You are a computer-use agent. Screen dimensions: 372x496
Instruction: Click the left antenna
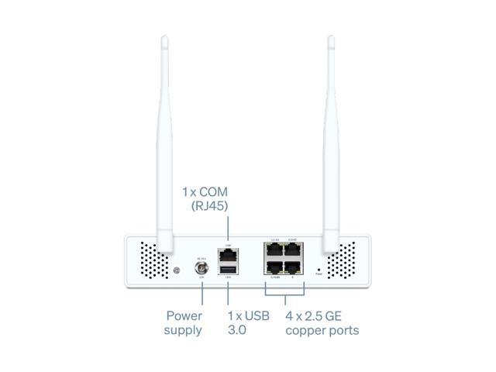(165, 139)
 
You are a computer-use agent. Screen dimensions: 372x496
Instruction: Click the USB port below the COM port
(228, 269)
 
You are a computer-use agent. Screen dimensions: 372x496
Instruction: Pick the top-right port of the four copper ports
(294, 251)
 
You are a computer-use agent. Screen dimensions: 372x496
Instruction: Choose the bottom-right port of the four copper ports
(294, 268)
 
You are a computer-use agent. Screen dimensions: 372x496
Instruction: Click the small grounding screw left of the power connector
(177, 270)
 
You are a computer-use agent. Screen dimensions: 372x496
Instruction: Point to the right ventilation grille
(341, 260)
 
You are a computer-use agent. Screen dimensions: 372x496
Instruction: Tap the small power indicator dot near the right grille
(319, 270)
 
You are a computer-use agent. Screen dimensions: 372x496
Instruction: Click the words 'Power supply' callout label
(184, 322)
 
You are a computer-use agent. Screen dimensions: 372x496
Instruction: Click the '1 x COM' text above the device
(205, 191)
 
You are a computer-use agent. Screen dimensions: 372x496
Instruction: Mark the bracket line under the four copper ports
(284, 293)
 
